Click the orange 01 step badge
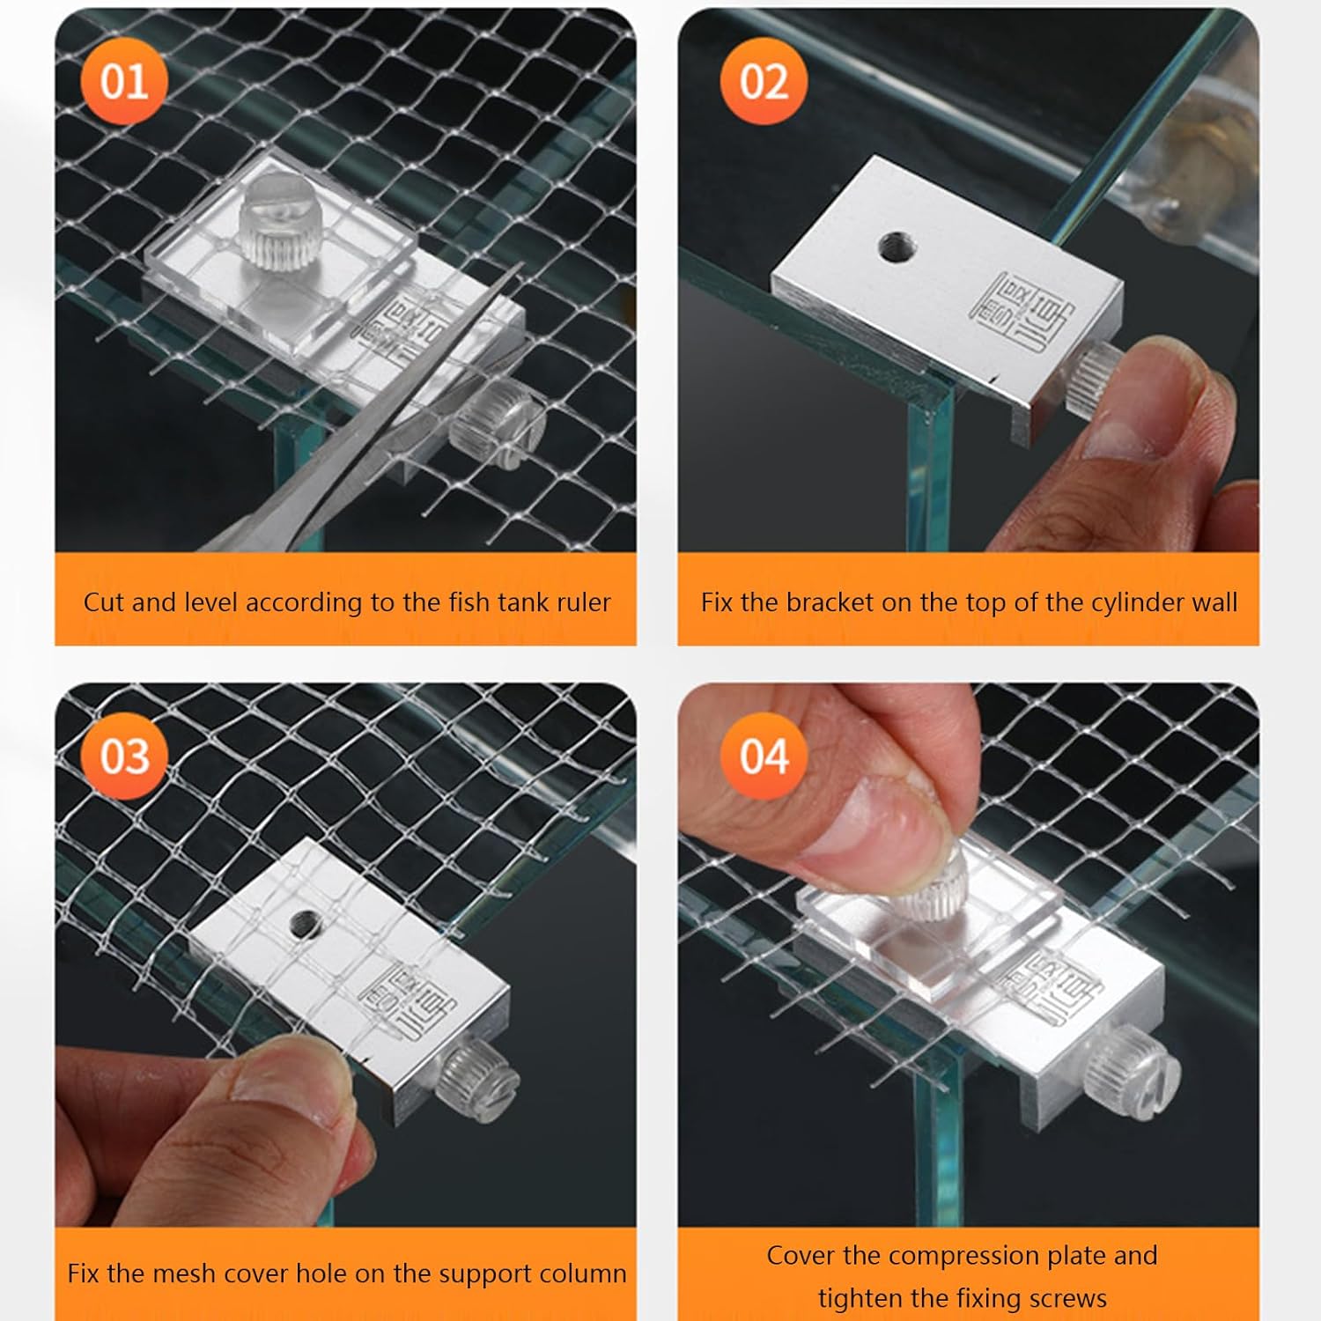pyautogui.click(x=123, y=82)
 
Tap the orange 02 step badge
pyautogui.click(x=763, y=82)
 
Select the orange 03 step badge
pyautogui.click(x=123, y=756)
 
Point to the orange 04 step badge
pyautogui.click(x=763, y=756)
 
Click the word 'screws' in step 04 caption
pyautogui.click(x=1067, y=1298)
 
